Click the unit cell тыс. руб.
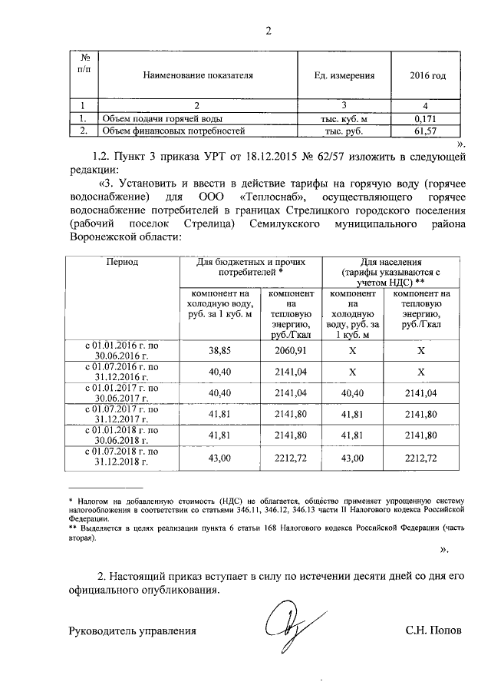pyautogui.click(x=344, y=132)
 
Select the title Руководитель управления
pyautogui.click(x=132, y=631)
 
